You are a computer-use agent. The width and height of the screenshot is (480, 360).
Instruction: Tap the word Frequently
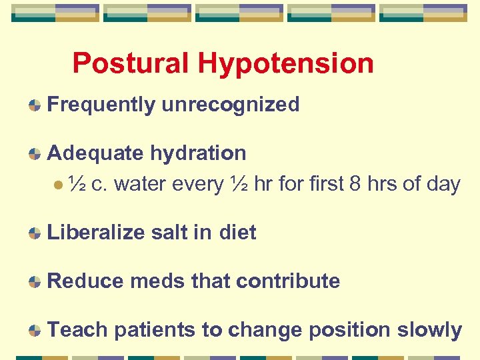(x=101, y=105)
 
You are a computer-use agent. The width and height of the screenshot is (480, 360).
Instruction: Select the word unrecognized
(x=231, y=105)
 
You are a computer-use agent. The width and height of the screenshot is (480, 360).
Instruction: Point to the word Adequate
(x=95, y=153)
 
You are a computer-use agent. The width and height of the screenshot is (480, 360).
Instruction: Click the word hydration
(x=198, y=153)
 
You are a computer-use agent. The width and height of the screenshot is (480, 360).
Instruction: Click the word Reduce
(x=86, y=281)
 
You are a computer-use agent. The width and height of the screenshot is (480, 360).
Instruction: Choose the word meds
(x=157, y=281)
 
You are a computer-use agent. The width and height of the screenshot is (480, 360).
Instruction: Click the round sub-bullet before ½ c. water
(x=59, y=183)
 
